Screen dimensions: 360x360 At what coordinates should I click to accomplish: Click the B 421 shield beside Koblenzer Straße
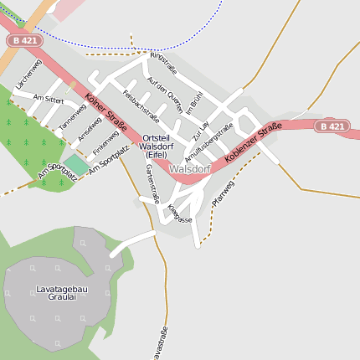pos(332,126)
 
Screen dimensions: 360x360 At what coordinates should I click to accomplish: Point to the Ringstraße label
pos(164,63)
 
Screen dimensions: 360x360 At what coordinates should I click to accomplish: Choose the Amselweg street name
pos(89,129)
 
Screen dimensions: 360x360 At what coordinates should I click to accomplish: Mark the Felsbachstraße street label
pos(140,105)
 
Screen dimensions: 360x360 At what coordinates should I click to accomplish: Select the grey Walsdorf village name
pos(189,168)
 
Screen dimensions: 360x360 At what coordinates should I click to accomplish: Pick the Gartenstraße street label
pos(152,183)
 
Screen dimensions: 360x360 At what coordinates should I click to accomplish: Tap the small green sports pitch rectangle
pos(75,165)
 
